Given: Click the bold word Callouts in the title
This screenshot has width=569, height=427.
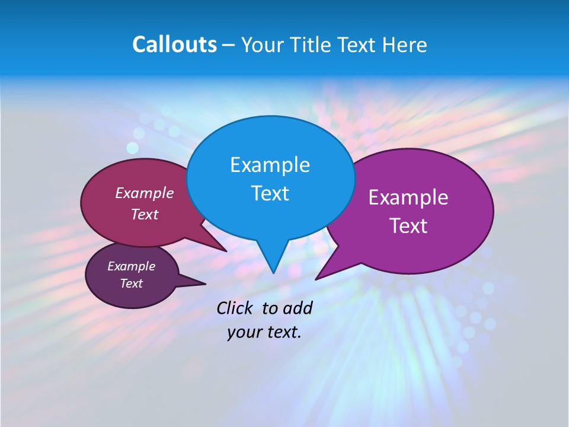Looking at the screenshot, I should (x=174, y=44).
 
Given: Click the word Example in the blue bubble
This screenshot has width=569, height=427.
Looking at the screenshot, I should (x=270, y=165).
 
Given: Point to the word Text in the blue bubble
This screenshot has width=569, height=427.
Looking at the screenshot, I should (x=270, y=193).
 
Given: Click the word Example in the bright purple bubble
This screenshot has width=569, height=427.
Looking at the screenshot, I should (x=408, y=197).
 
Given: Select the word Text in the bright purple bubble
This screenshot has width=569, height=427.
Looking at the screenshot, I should (x=408, y=226).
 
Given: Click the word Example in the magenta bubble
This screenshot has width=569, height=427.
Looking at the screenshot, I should (x=145, y=193).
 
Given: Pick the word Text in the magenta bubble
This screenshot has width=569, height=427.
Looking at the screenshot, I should (x=145, y=215).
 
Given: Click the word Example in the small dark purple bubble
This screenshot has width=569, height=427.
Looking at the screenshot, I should (x=131, y=266).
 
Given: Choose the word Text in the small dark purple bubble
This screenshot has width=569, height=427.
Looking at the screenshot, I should (x=131, y=283).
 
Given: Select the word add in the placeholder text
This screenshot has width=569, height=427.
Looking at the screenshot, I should (x=297, y=308).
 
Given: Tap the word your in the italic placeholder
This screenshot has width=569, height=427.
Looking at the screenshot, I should (x=244, y=332).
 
